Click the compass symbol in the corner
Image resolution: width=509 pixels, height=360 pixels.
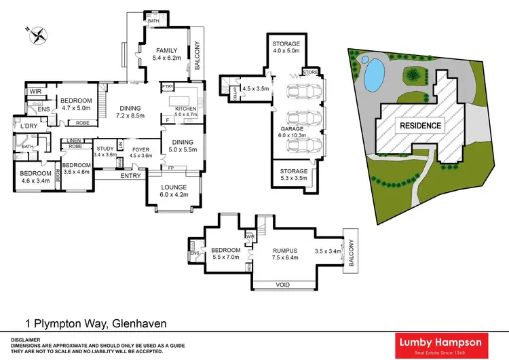[x=35, y=34]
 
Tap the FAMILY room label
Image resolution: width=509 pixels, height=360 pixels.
[x=166, y=51]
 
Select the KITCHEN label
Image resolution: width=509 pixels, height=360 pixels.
[x=185, y=109]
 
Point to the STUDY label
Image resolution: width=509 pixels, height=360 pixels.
[x=105, y=148]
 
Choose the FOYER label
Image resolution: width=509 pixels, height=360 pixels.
[x=140, y=148]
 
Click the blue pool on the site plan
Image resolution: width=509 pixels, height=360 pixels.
[x=371, y=73]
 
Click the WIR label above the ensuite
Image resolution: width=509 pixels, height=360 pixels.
[x=35, y=91]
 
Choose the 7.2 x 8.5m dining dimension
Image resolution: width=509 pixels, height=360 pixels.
[x=130, y=116]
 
